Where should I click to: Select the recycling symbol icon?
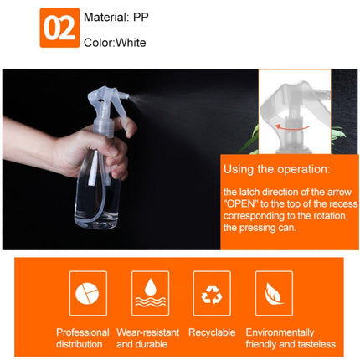click(209, 293)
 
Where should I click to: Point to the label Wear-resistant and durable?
click(149, 338)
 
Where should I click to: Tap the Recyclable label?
click(212, 332)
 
